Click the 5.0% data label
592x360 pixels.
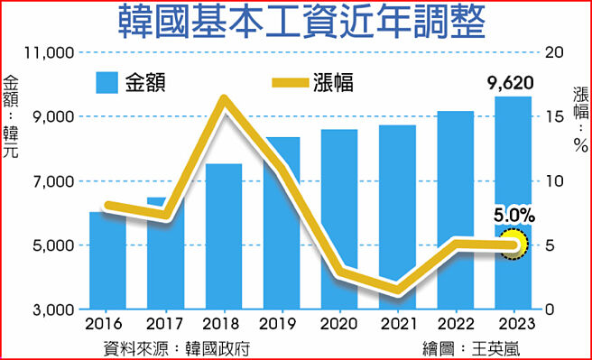(514, 217)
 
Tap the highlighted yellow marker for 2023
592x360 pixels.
(514, 245)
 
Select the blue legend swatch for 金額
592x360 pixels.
(106, 83)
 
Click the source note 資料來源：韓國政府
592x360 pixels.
(176, 347)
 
